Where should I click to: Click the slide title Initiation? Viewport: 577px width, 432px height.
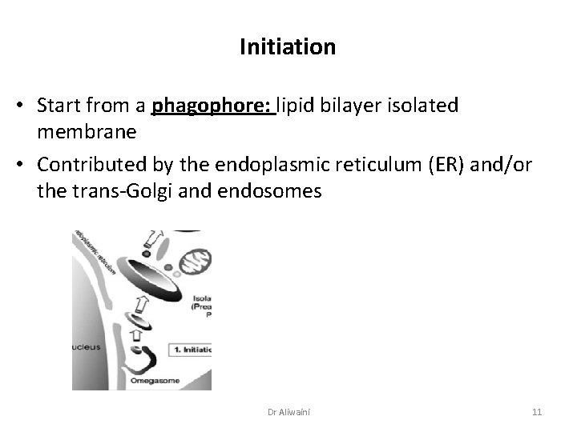[x=288, y=48]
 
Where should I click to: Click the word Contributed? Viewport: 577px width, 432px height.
[x=89, y=166]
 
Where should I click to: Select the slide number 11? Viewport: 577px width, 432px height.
[x=537, y=411]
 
